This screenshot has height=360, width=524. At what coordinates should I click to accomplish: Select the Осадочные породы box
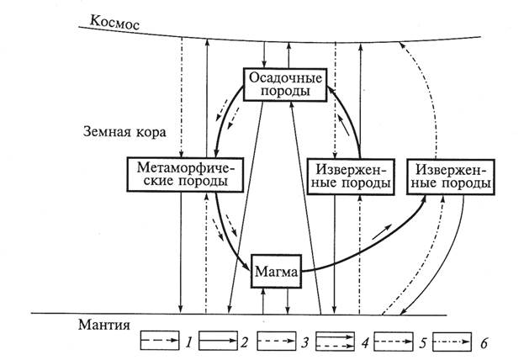pos(284,83)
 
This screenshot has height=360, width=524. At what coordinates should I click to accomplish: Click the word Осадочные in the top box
pos(284,77)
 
